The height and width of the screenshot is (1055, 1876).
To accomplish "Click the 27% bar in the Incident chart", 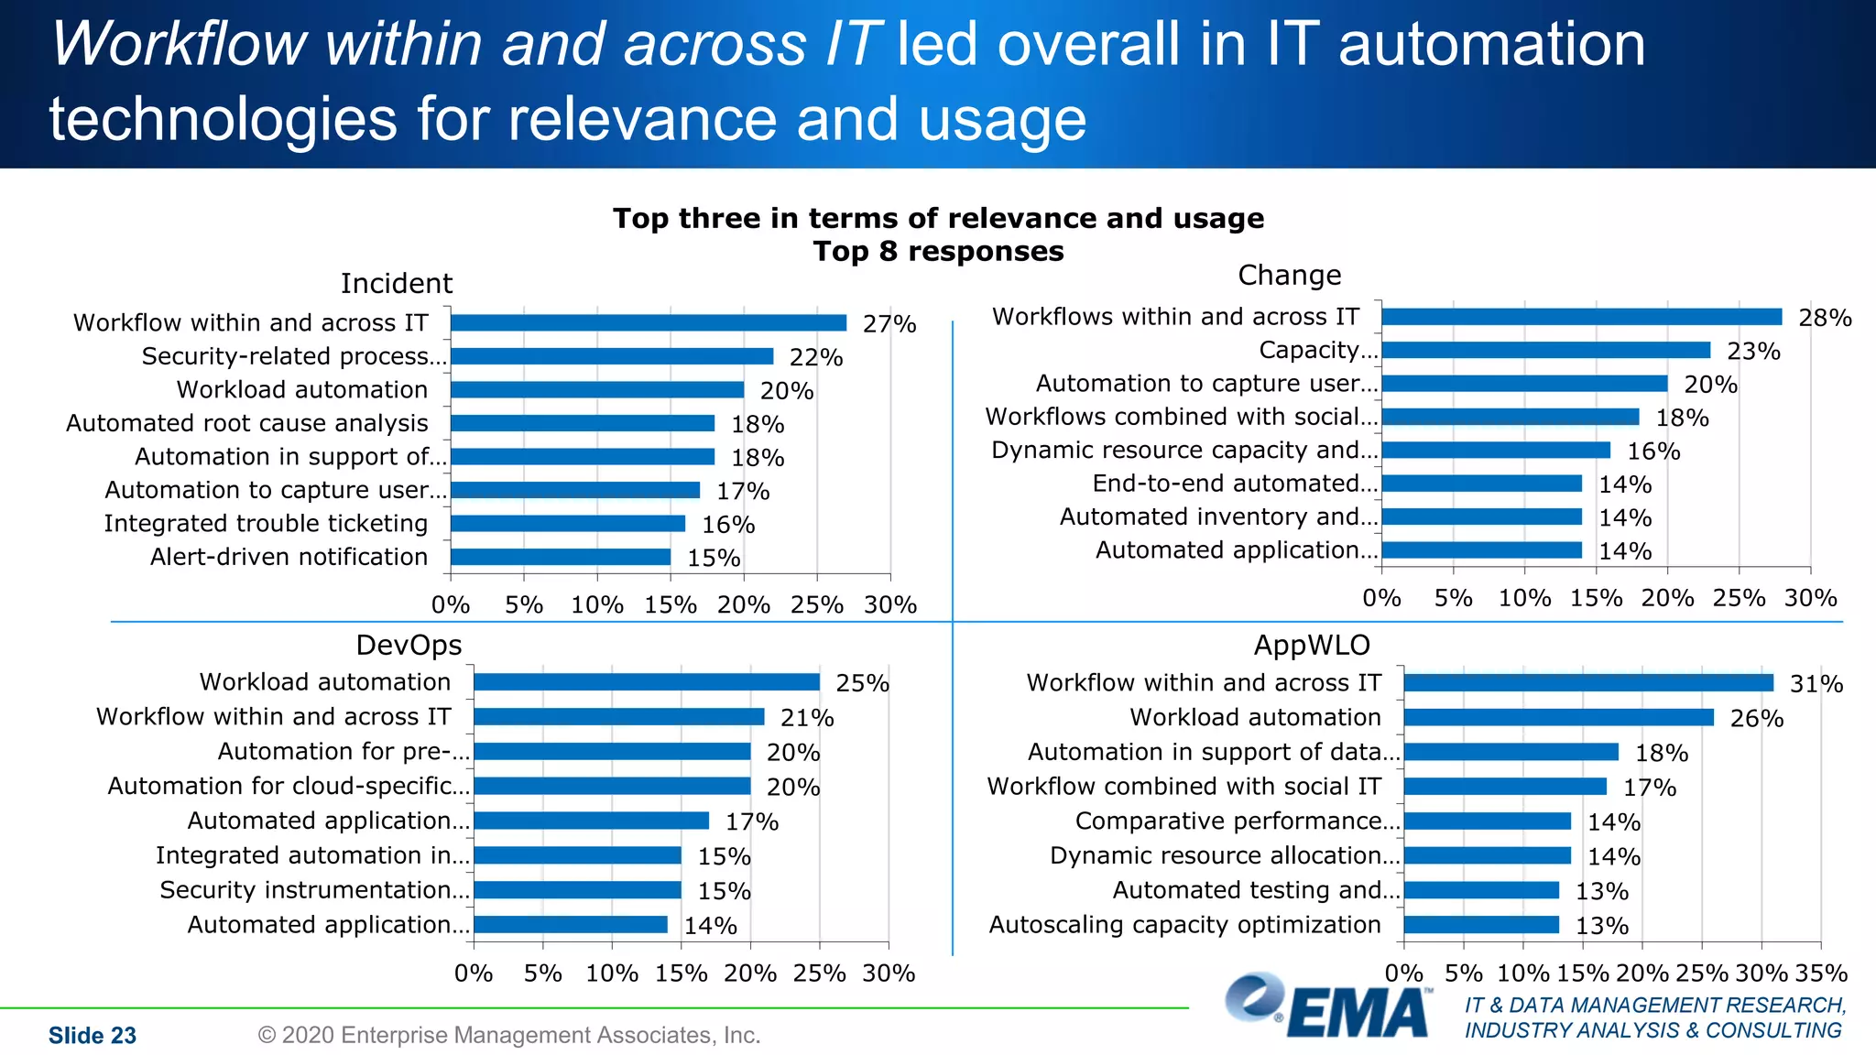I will [x=649, y=322].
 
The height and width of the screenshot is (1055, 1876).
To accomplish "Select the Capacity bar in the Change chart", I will [x=1545, y=350].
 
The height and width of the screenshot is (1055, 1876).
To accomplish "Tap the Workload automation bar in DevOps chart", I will [x=646, y=682].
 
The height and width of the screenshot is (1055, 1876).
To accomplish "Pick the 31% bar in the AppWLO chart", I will [x=1587, y=683].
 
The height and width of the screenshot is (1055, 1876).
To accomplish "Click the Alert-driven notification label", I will [x=289, y=557].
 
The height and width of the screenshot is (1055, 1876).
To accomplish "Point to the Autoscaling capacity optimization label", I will [x=1184, y=925].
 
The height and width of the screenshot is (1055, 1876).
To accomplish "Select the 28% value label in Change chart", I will [x=1825, y=318].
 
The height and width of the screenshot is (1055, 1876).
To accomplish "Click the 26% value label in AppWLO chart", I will [x=1756, y=719].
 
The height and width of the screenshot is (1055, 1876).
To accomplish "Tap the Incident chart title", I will [x=396, y=283].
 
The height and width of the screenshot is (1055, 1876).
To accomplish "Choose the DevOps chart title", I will [x=409, y=645].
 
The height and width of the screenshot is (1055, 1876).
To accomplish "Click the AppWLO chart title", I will [x=1311, y=645].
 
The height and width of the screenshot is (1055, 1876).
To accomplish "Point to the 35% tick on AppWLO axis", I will [x=1821, y=973].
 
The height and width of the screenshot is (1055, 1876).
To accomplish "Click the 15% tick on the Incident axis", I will [x=670, y=604].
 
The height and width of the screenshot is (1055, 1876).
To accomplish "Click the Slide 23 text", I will [x=92, y=1036].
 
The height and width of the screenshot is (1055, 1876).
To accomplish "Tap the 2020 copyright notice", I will [x=509, y=1036].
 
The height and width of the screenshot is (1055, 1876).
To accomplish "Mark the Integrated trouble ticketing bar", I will [x=568, y=524].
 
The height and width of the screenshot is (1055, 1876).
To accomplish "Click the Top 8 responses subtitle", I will [x=938, y=251].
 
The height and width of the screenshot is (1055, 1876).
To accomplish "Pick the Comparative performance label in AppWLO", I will [x=1237, y=821].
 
